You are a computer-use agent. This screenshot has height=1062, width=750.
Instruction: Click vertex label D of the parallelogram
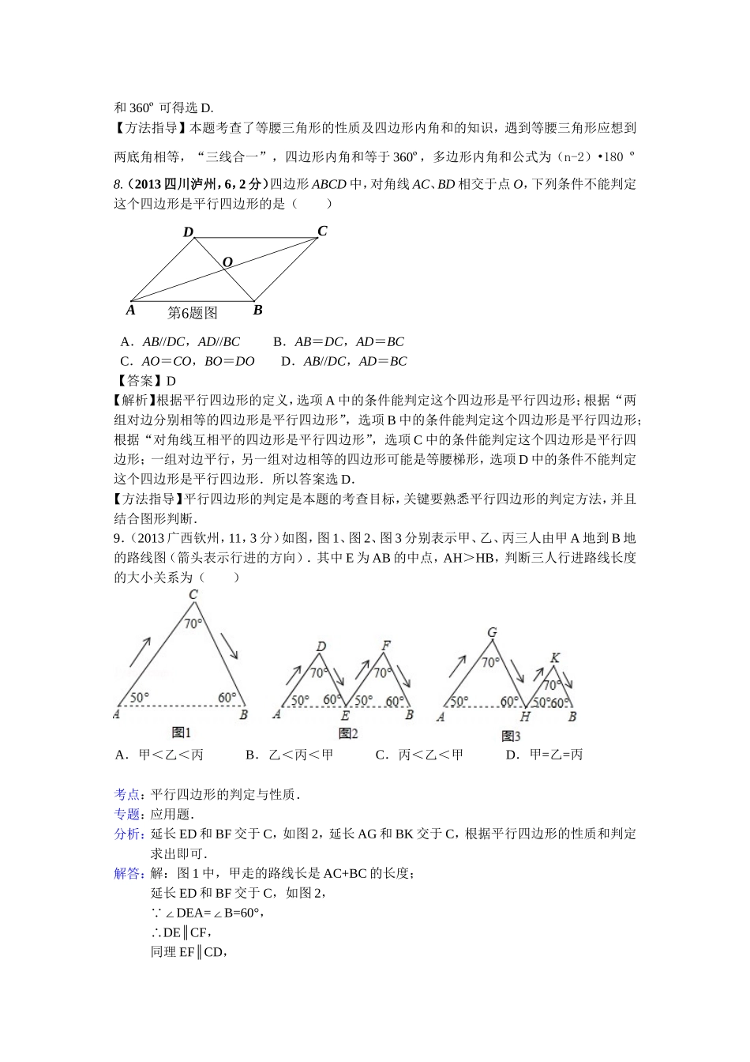189,232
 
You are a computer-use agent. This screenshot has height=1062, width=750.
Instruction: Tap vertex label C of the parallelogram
322,231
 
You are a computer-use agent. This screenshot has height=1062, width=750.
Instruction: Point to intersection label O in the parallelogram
227,262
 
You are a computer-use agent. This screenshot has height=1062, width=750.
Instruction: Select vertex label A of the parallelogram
131,310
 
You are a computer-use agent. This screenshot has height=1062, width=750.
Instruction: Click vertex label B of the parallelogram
257,310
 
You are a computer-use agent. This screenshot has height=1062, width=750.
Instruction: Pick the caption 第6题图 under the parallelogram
193,313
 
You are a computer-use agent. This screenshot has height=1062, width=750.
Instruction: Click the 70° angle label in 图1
193,623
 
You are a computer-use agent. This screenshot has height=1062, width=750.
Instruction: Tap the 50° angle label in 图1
139,697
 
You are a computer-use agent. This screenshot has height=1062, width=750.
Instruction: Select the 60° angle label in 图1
227,697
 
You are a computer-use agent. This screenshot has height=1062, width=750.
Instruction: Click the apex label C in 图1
193,595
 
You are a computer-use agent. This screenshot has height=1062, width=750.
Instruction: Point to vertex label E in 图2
345,715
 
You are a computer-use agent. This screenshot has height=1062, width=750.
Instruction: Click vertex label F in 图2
386,646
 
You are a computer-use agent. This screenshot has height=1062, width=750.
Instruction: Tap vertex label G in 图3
492,633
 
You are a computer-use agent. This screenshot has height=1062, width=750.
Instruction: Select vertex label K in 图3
554,658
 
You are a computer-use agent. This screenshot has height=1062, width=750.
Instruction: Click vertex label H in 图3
524,717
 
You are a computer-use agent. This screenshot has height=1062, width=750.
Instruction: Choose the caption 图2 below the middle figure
347,733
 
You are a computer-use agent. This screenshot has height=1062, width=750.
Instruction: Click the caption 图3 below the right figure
511,736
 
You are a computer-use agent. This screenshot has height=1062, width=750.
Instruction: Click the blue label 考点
127,794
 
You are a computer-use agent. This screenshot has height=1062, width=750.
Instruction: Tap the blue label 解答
127,873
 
